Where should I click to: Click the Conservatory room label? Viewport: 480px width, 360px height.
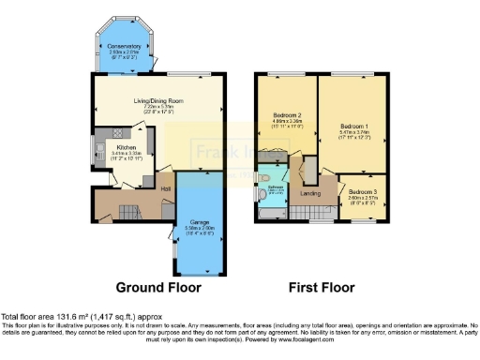124,45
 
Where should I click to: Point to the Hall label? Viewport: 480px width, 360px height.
165,190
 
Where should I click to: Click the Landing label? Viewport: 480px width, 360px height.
310,194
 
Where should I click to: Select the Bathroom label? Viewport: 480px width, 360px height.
274,187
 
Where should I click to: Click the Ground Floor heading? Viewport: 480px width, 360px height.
151,287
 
